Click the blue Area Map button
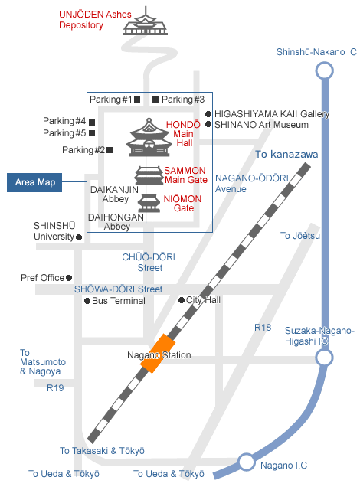[34, 182]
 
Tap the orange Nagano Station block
[158, 354]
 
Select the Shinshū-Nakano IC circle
[324, 70]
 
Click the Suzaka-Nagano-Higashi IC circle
[324, 358]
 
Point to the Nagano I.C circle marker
[246, 462]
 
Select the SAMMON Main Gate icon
[149, 175]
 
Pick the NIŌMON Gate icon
[149, 203]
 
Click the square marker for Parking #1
[137, 100]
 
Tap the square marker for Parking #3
[155, 100]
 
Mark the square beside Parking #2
[110, 150]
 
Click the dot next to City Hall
[182, 300]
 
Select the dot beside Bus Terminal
[87, 301]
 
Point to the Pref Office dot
[69, 278]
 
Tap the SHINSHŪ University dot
[79, 237]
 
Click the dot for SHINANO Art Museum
[208, 124]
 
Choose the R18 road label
[263, 328]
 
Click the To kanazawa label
[286, 155]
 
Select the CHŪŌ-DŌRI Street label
[149, 263]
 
